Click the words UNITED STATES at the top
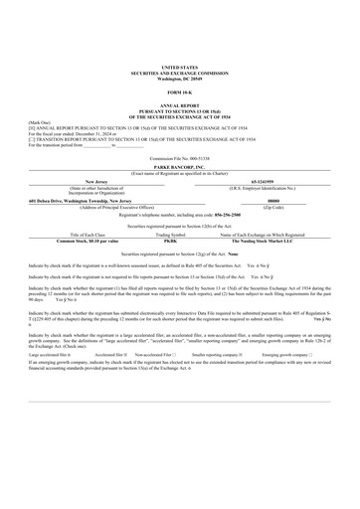(x=179, y=62)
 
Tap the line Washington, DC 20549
(x=179, y=72)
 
